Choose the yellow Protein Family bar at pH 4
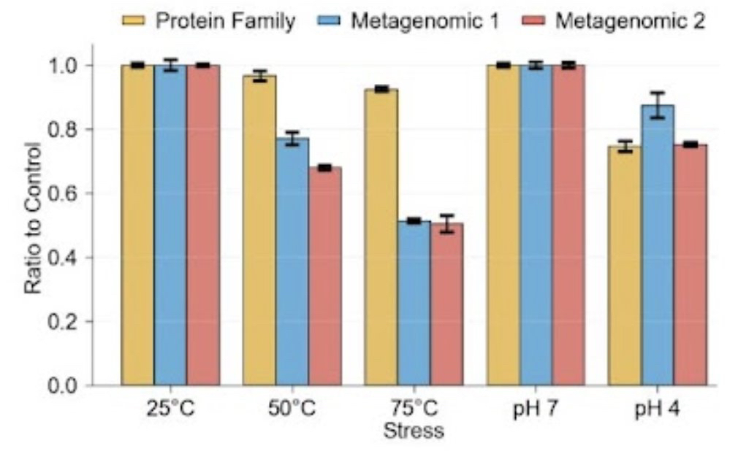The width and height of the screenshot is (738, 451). (x=625, y=266)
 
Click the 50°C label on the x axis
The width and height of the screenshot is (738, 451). (x=292, y=408)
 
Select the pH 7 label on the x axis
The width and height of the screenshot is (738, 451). (x=536, y=408)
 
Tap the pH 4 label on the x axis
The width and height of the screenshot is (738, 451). (x=658, y=408)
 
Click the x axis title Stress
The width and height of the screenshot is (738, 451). (x=414, y=431)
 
